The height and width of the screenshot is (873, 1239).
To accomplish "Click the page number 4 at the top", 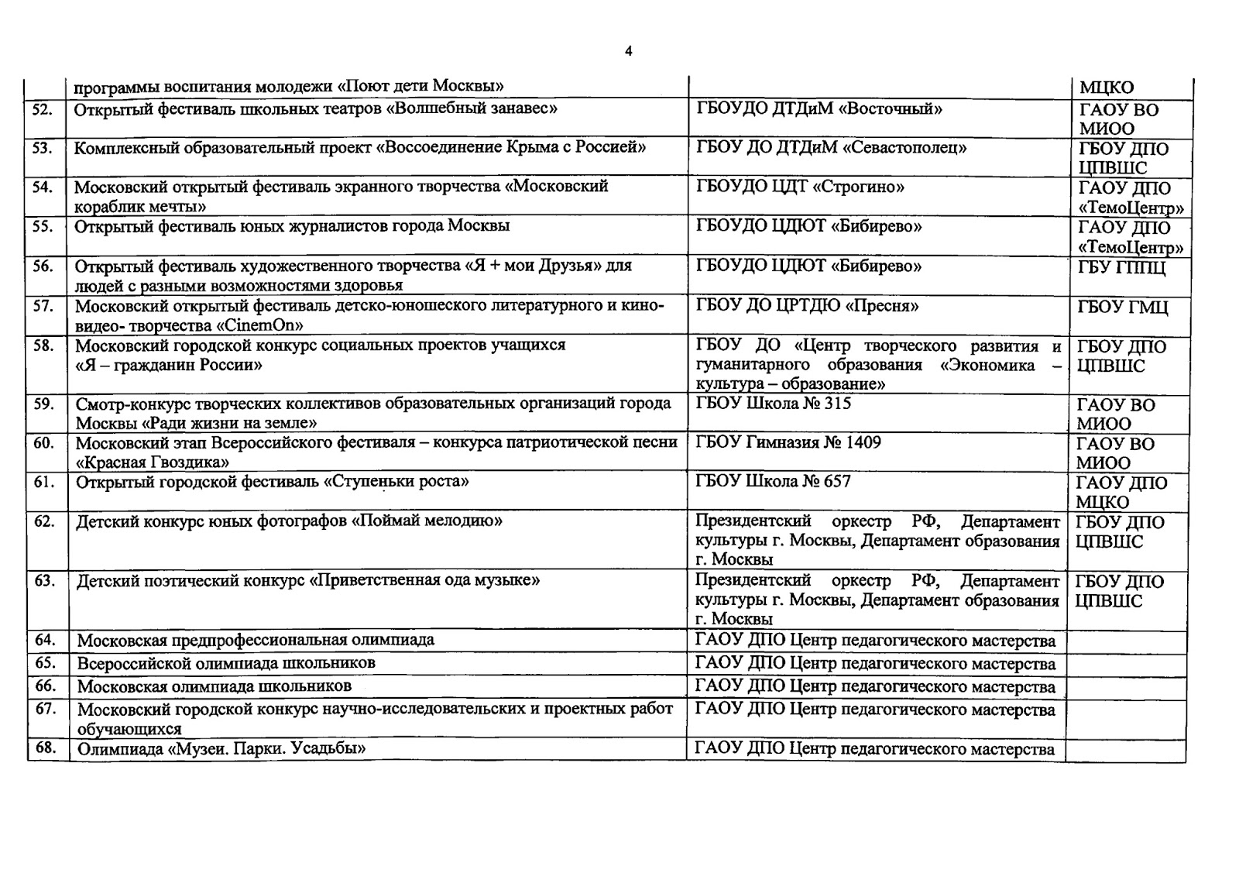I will tap(628, 52).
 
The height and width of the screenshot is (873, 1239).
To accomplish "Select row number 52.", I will tap(43, 109).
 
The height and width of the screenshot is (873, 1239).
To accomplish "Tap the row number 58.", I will tap(44, 345).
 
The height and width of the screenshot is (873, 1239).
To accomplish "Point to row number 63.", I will tap(45, 580).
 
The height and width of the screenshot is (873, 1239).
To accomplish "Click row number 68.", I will tap(46, 749).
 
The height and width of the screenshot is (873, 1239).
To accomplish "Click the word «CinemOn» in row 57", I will tap(263, 325).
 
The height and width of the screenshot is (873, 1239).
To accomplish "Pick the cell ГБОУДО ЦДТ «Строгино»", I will tap(801, 187).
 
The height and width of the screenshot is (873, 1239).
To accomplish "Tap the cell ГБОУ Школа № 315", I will tap(774, 404).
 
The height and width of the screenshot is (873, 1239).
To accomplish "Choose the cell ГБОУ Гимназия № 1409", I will tap(788, 443).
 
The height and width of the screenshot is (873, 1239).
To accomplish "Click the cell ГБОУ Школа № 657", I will tap(773, 482).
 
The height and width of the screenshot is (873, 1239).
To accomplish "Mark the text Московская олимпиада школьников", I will tap(215, 686).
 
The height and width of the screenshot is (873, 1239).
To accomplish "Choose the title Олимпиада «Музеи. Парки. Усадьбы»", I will tap(221, 749).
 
